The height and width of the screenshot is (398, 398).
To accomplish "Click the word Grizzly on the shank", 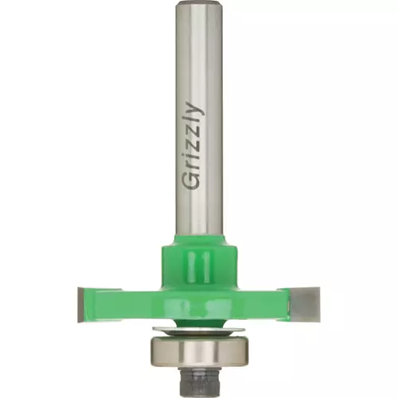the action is pyautogui.click(x=192, y=146).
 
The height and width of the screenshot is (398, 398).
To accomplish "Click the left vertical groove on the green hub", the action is pyautogui.click(x=192, y=266).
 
